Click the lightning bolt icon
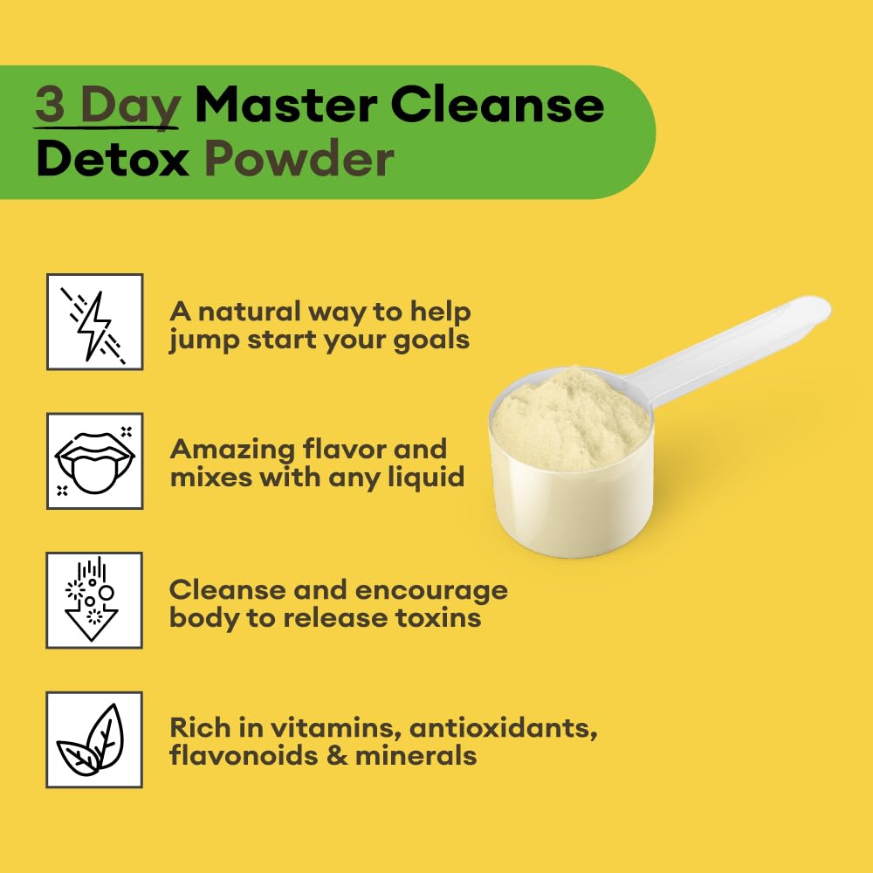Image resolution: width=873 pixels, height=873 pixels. pyautogui.click(x=93, y=321)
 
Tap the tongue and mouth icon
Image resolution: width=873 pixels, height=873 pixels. pyautogui.click(x=93, y=461)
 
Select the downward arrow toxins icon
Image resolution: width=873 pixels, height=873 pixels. pyautogui.click(x=93, y=600)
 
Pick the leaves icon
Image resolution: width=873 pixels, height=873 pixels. pyautogui.click(x=93, y=739)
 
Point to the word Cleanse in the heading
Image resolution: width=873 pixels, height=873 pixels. pyautogui.click(x=497, y=106)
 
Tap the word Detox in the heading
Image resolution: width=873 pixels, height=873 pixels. pyautogui.click(x=113, y=161)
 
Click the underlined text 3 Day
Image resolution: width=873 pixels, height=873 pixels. pyautogui.click(x=107, y=106)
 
